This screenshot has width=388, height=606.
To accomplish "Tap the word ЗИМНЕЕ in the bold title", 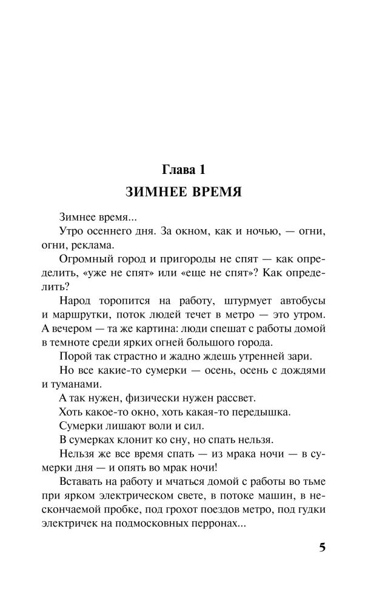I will point(155,193).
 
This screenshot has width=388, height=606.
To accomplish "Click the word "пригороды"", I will point(169,261).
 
